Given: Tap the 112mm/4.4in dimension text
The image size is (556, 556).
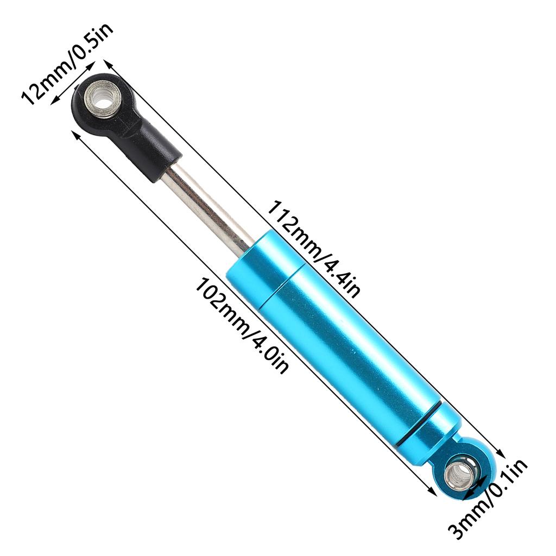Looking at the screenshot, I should click(x=313, y=249).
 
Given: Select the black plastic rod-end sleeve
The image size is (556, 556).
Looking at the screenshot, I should click(x=152, y=149).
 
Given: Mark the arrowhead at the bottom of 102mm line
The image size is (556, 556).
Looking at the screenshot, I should click(x=433, y=492).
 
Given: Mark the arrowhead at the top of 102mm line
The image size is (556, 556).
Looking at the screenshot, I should click(x=75, y=134).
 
